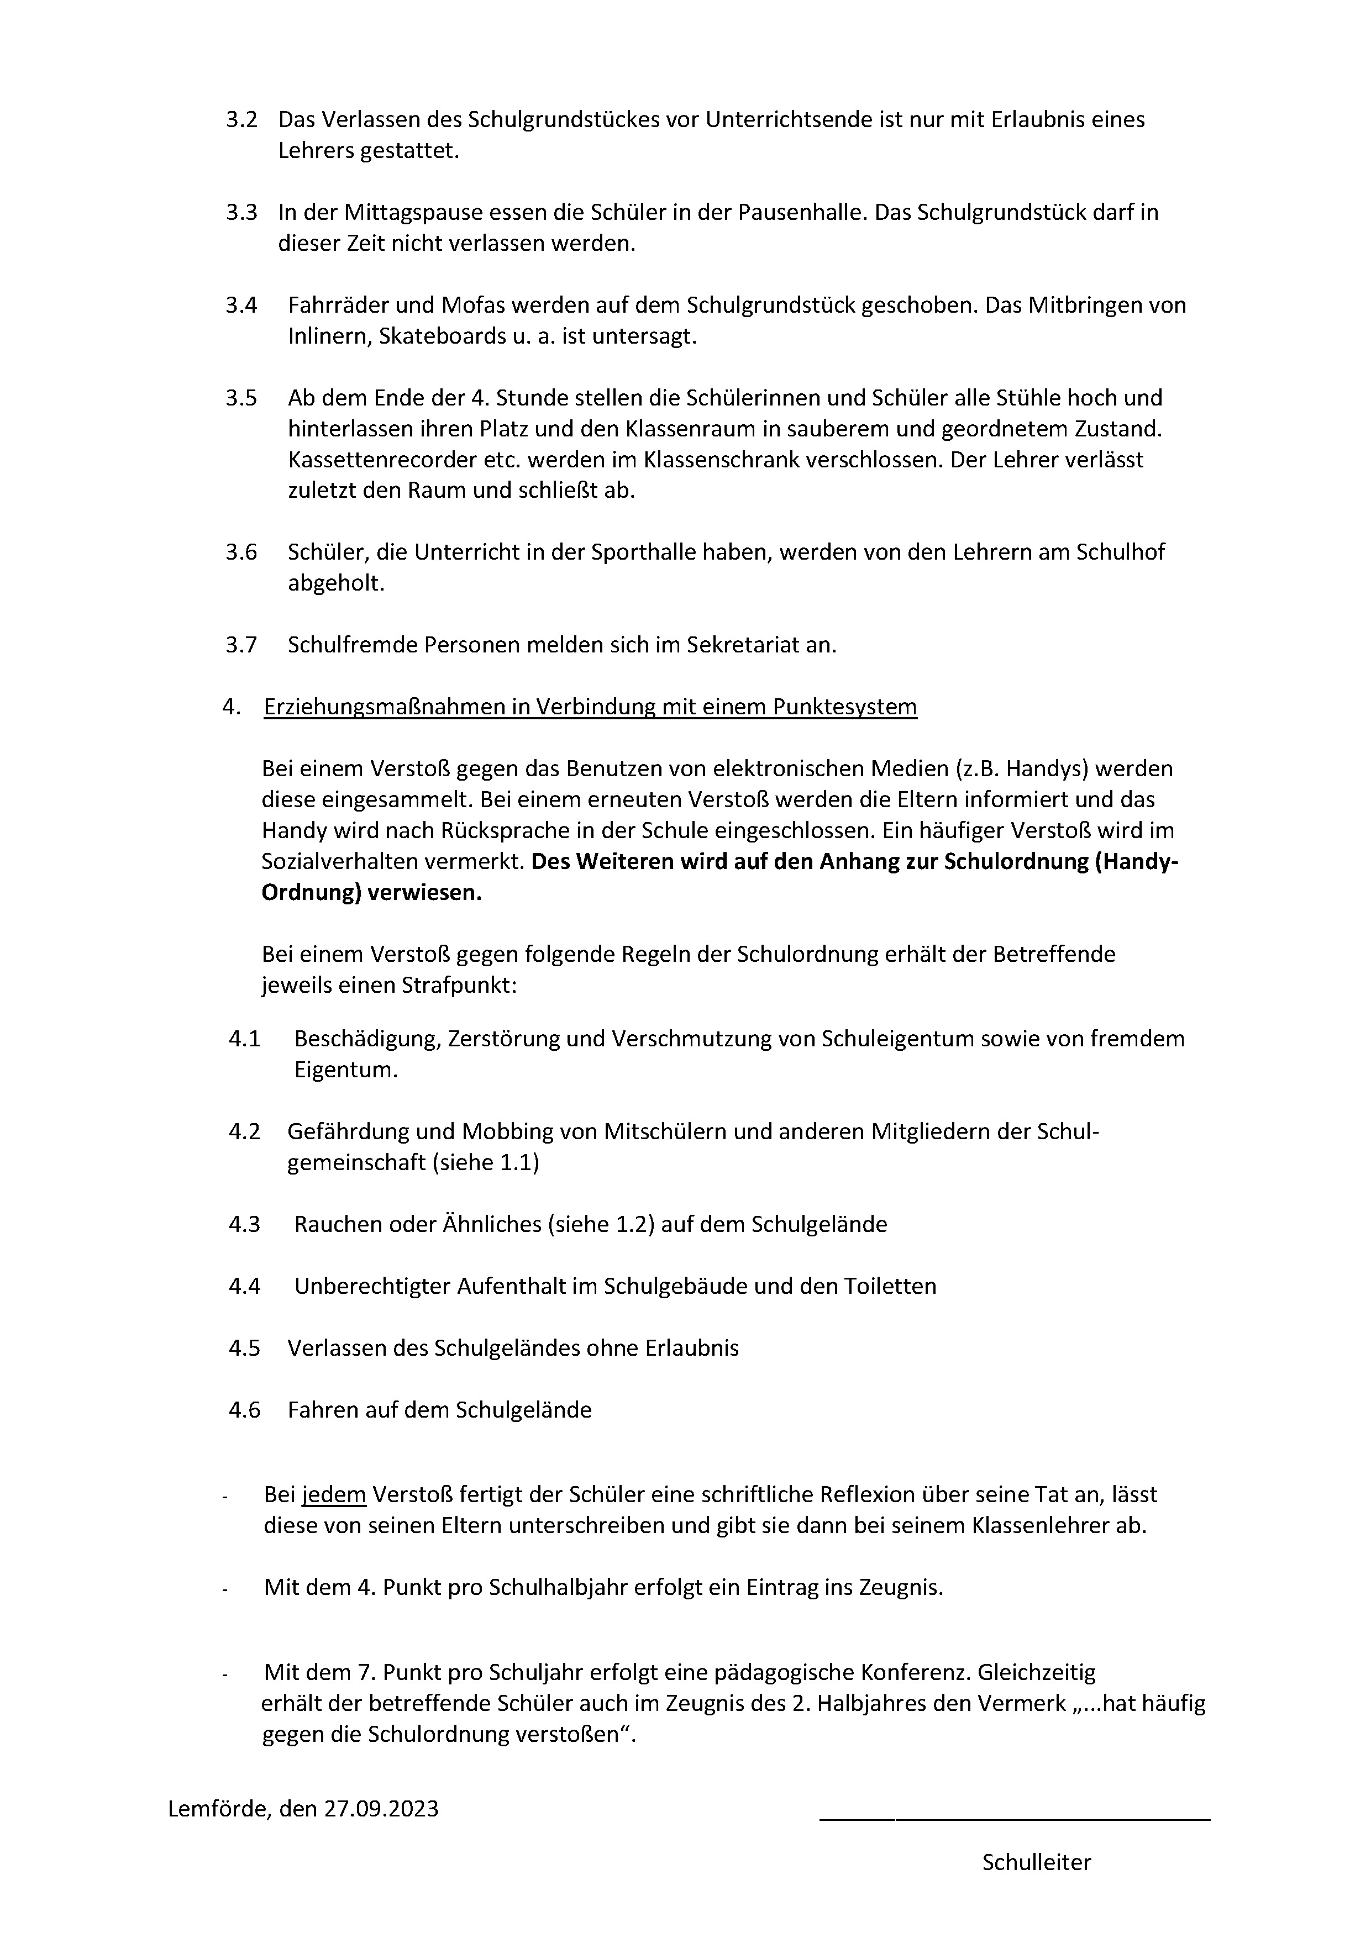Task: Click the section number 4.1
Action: point(244,1039)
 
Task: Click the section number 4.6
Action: point(244,1410)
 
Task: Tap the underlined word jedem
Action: point(334,1495)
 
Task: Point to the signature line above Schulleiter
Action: point(1014,1820)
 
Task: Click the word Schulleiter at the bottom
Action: point(1036,1863)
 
